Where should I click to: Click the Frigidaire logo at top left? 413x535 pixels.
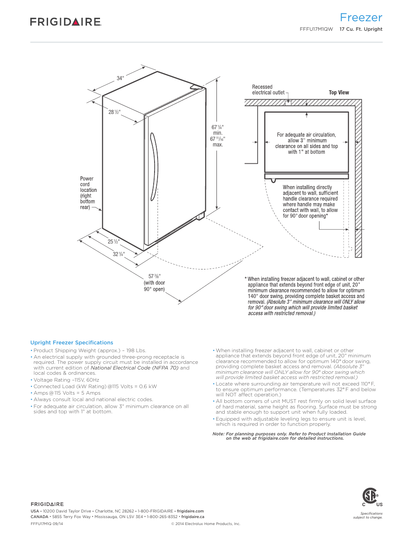coord(65,22)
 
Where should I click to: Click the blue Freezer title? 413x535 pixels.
coord(361,17)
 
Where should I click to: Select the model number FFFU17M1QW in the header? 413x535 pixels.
coord(316,29)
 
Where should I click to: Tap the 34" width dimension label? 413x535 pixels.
coord(120,78)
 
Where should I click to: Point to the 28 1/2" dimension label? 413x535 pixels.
coord(114,112)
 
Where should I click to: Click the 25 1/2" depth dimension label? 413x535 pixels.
coord(113,242)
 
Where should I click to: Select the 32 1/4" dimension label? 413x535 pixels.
coord(119,254)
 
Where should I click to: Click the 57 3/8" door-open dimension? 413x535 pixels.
coord(155,276)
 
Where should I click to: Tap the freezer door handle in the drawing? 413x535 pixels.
coord(153,167)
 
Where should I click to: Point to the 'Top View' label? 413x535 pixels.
coord(339,93)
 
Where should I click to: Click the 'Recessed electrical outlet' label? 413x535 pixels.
coord(268,90)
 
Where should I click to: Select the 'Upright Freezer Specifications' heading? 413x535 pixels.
coord(71,343)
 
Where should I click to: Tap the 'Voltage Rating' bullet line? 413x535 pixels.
coord(66,380)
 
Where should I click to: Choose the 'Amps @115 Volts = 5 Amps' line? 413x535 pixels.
coord(67,393)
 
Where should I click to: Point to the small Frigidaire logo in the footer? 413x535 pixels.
coord(47,504)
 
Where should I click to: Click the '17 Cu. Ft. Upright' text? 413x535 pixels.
coord(361,29)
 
